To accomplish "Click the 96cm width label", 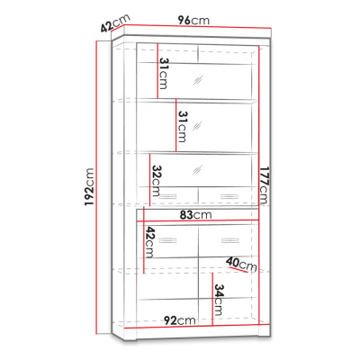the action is point(193,21).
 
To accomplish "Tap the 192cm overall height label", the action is point(89,187).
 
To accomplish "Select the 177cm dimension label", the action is point(265,185).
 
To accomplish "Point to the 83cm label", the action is point(195,215).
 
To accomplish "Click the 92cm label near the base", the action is point(180,320).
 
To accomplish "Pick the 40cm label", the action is point(242,265).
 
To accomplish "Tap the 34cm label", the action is point(219,300).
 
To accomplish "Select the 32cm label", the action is point(156,181).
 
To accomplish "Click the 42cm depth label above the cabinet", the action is point(115,22).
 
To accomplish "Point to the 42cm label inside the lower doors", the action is point(149,242).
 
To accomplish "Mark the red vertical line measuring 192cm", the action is point(96,187).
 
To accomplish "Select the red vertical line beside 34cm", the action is point(212,299).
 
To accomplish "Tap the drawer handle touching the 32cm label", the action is point(168,196).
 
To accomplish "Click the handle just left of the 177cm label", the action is point(229,196).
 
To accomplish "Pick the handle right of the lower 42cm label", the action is point(168,240).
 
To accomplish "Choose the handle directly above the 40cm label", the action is point(230,240).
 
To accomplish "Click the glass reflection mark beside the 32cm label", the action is point(197,170).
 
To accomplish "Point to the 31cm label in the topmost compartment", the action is point(164,74).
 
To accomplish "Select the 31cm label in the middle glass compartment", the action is point(183,127).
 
